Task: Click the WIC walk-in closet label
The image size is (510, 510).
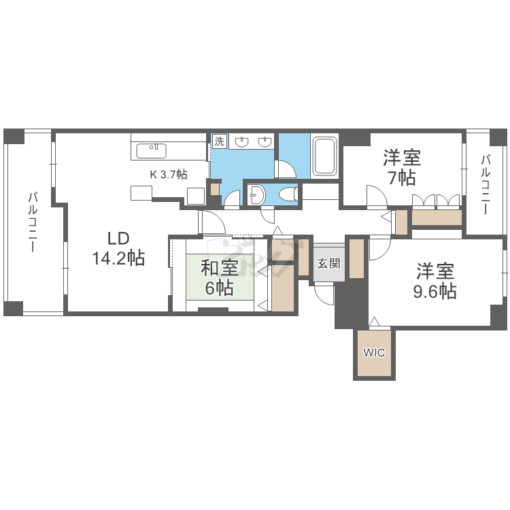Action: (x=374, y=352)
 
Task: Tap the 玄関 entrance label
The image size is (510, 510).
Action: (x=329, y=263)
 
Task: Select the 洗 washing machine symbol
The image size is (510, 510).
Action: (x=220, y=141)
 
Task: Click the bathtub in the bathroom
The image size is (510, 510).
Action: (x=324, y=156)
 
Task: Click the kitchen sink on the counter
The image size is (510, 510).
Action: (x=151, y=151)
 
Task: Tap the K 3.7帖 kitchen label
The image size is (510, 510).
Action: (x=169, y=175)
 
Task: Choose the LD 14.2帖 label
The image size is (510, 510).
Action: (x=118, y=248)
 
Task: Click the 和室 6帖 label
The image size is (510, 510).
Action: (x=220, y=277)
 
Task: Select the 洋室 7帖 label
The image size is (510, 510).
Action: (x=402, y=167)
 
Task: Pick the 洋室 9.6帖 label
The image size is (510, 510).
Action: (x=435, y=281)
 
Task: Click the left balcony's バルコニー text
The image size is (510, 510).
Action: (x=33, y=222)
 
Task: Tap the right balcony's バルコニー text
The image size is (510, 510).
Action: (x=486, y=185)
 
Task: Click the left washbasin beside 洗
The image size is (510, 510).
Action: (x=241, y=141)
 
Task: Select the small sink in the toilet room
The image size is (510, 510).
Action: (x=256, y=195)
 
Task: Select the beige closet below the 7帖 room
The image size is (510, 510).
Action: (x=437, y=218)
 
